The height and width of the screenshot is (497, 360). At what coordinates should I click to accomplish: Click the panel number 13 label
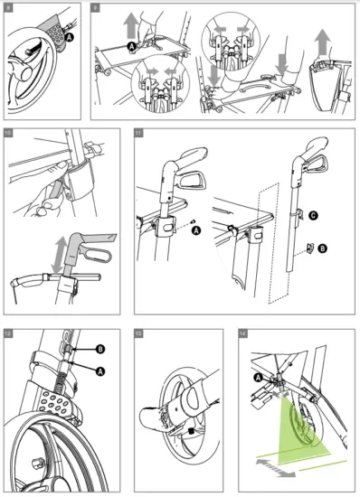click(x=137, y=332)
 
